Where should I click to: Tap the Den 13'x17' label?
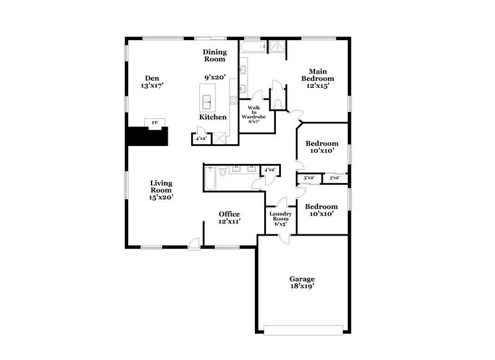152,82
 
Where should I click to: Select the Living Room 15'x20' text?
160,191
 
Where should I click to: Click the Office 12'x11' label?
229,218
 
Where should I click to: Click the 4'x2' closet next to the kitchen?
200,139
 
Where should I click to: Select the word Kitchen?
212,117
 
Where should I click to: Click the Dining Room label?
215,56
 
